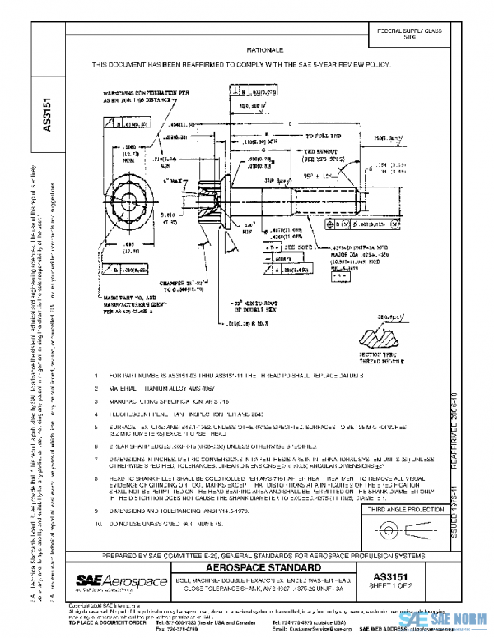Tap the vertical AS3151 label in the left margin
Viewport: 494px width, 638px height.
click(x=47, y=115)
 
